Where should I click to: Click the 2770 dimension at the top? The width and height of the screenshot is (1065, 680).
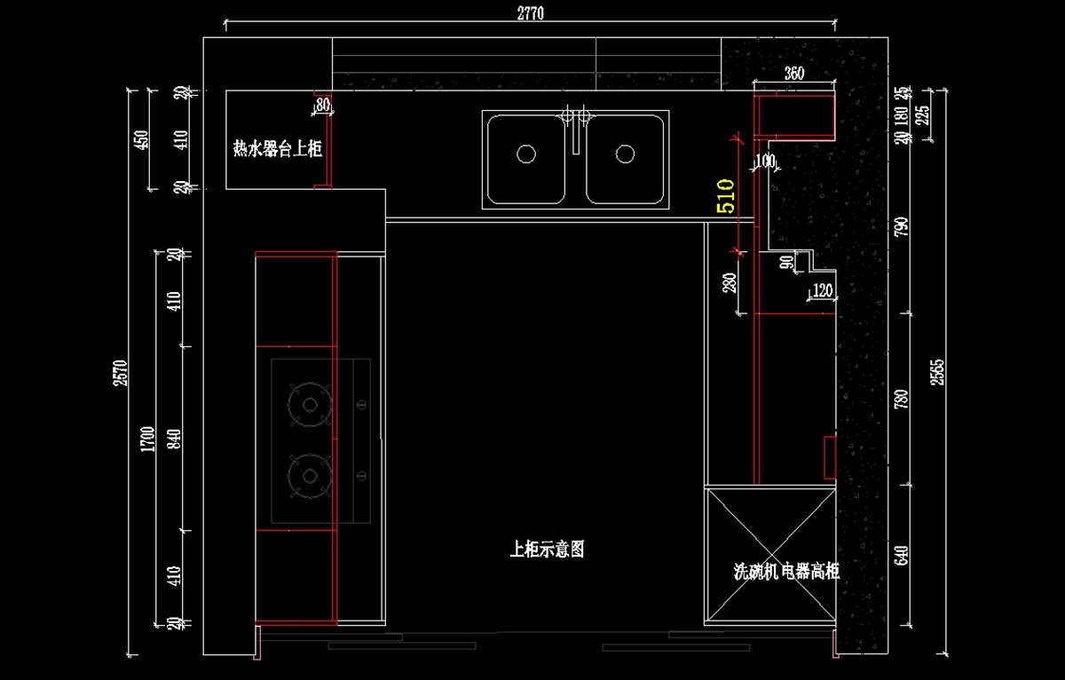pos(529,12)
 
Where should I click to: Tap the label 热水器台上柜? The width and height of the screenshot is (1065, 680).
pos(277,149)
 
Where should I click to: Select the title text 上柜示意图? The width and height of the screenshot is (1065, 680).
pos(547,550)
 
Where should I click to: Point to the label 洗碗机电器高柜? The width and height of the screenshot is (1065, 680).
pos(786,571)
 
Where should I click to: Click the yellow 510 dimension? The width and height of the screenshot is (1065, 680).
pos(725,195)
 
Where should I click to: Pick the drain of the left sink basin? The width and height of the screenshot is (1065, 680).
pos(526,154)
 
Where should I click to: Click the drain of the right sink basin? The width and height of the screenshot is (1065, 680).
pos(625,154)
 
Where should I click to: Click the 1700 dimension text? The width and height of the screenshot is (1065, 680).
pos(148,439)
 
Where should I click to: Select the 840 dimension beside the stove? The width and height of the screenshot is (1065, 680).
pos(175,439)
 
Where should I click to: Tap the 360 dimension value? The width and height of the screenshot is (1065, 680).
pos(794,74)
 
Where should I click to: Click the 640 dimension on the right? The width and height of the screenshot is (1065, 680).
pos(902,556)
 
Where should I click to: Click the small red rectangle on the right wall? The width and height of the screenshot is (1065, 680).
pos(830,456)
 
